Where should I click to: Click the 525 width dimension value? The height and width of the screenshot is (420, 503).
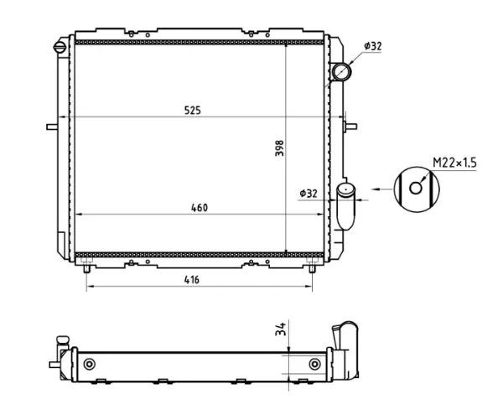point(193,110)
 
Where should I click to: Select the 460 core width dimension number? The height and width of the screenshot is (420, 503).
point(200,208)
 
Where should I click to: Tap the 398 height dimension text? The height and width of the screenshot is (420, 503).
point(280,148)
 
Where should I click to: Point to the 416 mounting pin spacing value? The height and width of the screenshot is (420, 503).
point(191,280)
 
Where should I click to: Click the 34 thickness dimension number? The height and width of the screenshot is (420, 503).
point(280,329)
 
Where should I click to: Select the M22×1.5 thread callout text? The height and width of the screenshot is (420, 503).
point(454,163)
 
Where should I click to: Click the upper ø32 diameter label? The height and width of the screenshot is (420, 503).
point(373,46)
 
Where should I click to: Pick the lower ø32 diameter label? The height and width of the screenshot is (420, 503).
point(309,194)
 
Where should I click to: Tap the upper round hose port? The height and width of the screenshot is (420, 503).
point(341,71)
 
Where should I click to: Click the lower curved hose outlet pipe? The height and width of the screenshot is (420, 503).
point(345,206)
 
